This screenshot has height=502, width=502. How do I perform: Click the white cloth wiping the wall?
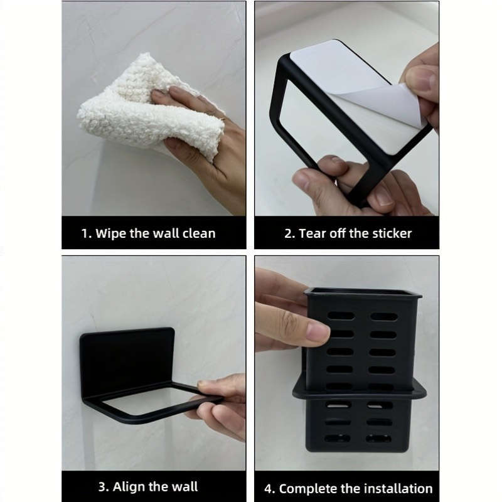coord(132,110)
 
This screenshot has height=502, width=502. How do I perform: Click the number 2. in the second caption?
coord(289,233)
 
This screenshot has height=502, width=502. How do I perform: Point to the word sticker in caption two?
coord(390,233)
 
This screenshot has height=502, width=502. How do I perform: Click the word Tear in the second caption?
coord(312,233)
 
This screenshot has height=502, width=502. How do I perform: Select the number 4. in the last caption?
coord(269,488)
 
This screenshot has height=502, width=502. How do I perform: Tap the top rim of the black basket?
coord(362,292)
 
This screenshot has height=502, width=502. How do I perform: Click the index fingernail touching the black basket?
coord(317,332)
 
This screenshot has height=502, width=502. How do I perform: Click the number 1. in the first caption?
coord(87,233)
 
